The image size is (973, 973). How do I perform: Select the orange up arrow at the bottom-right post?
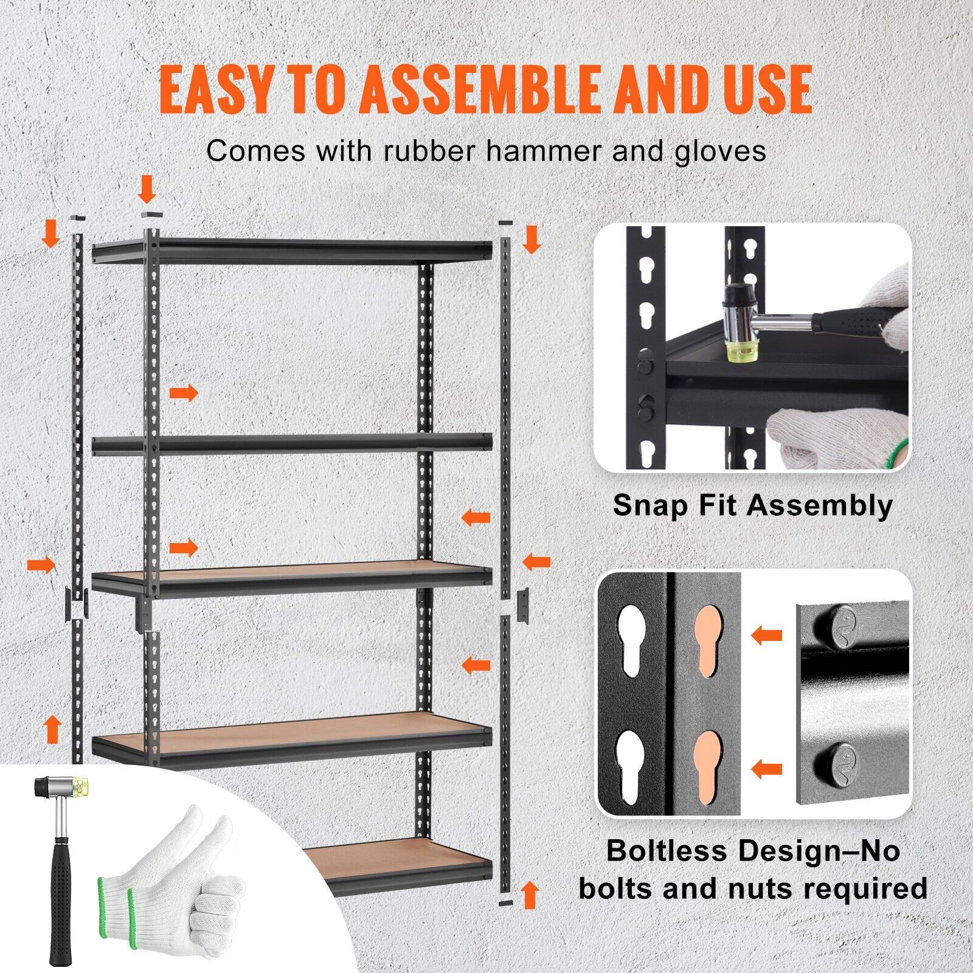pyautogui.click(x=530, y=895)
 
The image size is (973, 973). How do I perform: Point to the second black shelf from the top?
pyautogui.click(x=292, y=443)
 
